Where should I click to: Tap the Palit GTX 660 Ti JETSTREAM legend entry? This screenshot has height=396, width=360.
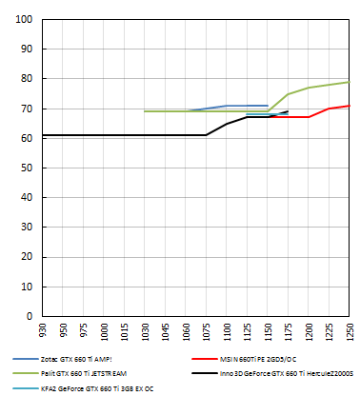point(93,373)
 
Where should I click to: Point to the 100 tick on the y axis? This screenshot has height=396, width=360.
point(23,19)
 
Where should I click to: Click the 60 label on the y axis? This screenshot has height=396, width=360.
point(26,138)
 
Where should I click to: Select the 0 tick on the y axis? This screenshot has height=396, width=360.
point(29,316)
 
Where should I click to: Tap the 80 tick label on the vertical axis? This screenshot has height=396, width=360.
point(26,79)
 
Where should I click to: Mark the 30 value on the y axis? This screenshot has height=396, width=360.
point(26,228)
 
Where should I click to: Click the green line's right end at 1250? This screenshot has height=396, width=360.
point(350,82)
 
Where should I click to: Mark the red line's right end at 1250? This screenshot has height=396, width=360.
point(350,106)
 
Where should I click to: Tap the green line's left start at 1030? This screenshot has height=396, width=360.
point(145,111)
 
